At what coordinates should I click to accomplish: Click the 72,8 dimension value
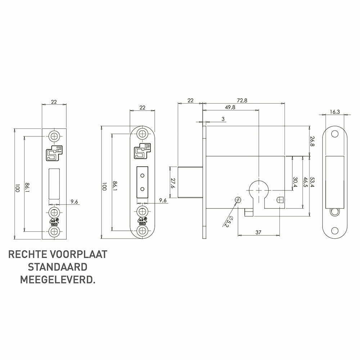tap(242, 100)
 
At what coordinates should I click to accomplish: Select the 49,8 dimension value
tap(230, 107)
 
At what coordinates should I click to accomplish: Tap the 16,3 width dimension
tap(335, 112)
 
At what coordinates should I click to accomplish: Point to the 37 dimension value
tap(258, 232)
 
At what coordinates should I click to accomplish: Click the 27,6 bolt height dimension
tap(173, 182)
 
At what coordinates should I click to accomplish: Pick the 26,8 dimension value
tap(312, 141)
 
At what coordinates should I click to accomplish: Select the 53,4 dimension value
tap(312, 182)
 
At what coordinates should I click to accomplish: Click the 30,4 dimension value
tap(296, 182)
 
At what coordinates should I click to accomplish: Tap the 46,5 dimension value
tap(305, 182)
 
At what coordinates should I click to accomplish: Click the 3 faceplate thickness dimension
tap(223, 119)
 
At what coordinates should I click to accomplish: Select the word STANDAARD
tap(58, 267)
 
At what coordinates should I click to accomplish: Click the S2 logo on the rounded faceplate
tap(142, 151)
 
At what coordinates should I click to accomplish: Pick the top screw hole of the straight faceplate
tap(54, 136)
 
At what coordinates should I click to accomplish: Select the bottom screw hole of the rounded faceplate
tap(142, 231)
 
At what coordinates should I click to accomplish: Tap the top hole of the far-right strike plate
tap(335, 134)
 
